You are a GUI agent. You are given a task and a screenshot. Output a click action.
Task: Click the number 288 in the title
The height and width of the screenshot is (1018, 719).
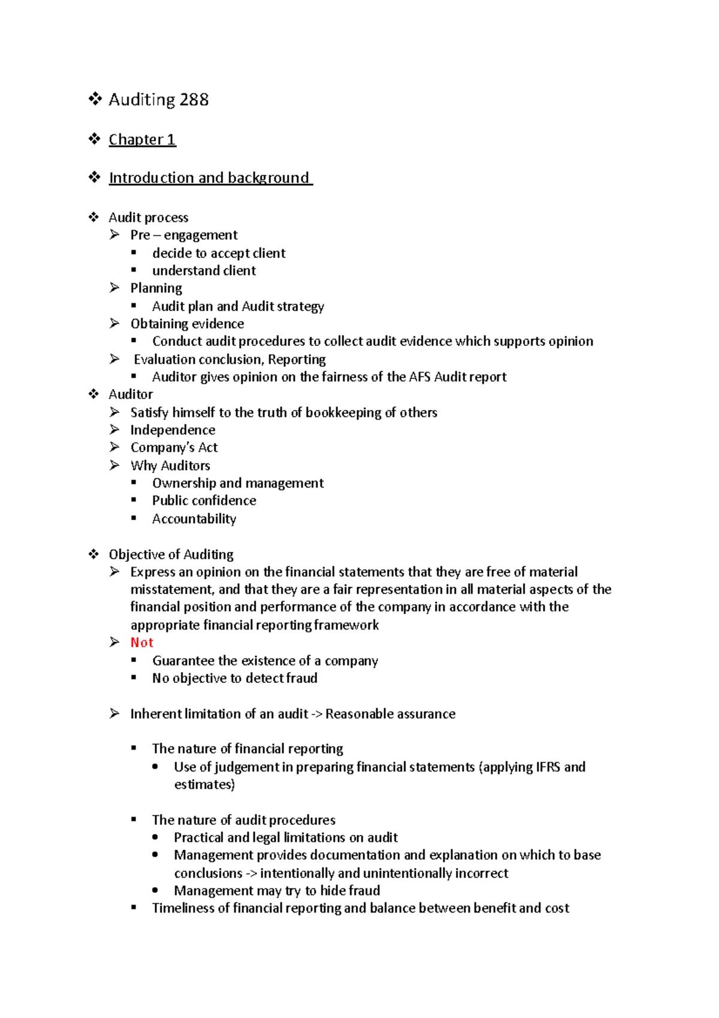pyautogui.click(x=194, y=100)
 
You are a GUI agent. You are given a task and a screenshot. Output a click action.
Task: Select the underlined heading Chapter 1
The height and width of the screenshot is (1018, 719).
pyautogui.click(x=142, y=140)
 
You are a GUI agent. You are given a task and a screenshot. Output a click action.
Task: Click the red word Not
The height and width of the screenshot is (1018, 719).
pyautogui.click(x=142, y=643)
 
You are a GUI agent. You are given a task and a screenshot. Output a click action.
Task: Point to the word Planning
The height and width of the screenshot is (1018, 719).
pyautogui.click(x=156, y=288)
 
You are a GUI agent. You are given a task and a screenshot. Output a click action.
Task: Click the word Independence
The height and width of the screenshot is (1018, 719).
pyautogui.click(x=173, y=430)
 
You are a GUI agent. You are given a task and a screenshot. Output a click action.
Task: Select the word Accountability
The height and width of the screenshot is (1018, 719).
pyautogui.click(x=194, y=519)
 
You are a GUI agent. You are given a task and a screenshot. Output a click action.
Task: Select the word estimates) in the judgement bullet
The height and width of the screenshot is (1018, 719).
pyautogui.click(x=204, y=785)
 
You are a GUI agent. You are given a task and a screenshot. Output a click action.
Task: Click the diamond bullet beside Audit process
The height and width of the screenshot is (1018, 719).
pyautogui.click(x=94, y=217)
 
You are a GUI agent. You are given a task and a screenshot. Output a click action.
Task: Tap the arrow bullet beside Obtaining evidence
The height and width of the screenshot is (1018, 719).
pyautogui.click(x=114, y=324)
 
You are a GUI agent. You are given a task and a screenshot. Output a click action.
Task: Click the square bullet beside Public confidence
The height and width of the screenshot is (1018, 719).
pyautogui.click(x=134, y=500)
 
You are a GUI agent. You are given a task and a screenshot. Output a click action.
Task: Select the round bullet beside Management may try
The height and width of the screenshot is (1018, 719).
pyautogui.click(x=156, y=890)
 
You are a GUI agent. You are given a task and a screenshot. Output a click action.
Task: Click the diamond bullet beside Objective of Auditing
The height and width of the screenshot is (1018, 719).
pyautogui.click(x=94, y=554)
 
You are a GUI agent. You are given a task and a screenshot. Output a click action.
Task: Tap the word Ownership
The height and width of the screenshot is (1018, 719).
pyautogui.click(x=184, y=483)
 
